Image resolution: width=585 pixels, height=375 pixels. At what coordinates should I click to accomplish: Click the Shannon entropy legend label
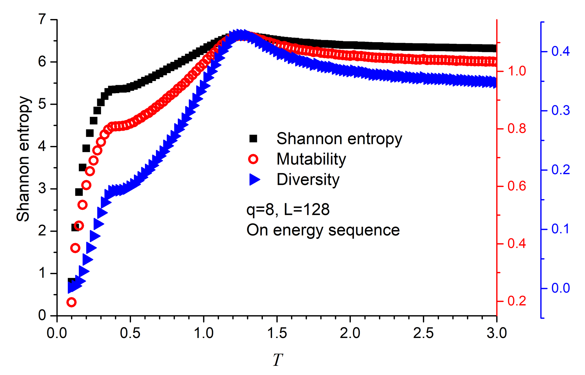(x=339, y=139)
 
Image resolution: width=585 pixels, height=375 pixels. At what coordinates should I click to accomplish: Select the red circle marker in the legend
(x=253, y=159)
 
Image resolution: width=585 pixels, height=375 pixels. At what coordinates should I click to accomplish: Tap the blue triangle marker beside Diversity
(x=254, y=179)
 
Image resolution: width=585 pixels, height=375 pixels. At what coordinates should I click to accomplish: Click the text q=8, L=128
(x=288, y=209)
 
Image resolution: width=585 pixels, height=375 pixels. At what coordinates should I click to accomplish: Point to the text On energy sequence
(x=323, y=230)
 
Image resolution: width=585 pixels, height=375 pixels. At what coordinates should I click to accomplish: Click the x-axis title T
(x=277, y=360)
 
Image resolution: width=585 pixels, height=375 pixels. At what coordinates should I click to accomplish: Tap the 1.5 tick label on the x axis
(x=277, y=333)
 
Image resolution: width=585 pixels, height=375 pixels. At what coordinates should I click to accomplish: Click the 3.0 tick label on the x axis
(x=497, y=333)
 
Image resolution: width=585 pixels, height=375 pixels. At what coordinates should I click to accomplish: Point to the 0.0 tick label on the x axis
(x=57, y=333)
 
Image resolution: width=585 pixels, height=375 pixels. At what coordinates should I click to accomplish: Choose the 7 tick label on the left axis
(x=42, y=20)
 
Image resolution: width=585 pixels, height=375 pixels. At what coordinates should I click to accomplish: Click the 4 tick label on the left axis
(x=42, y=147)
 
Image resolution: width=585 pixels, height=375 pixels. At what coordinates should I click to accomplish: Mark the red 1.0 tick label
(x=517, y=71)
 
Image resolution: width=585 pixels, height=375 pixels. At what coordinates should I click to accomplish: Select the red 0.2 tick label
(x=517, y=301)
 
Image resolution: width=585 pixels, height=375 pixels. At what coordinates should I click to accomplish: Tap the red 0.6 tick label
(x=517, y=186)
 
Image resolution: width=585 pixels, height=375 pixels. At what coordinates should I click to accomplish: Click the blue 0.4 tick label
(x=560, y=51)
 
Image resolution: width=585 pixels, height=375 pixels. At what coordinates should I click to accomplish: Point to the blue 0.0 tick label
(x=560, y=288)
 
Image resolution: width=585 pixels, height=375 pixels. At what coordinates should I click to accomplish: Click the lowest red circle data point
(x=71, y=302)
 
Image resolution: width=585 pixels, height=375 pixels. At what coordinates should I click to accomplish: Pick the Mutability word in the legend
(x=311, y=159)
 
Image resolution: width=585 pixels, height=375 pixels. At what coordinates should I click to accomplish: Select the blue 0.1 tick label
(x=560, y=229)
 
